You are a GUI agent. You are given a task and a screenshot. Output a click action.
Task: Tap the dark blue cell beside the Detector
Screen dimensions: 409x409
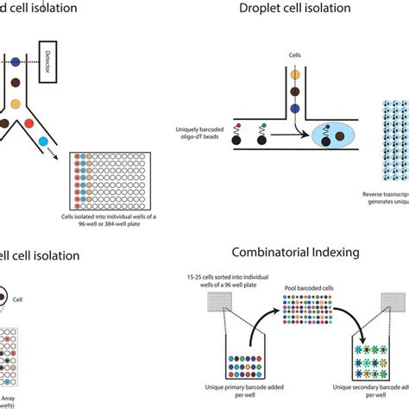tap(15, 63)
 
